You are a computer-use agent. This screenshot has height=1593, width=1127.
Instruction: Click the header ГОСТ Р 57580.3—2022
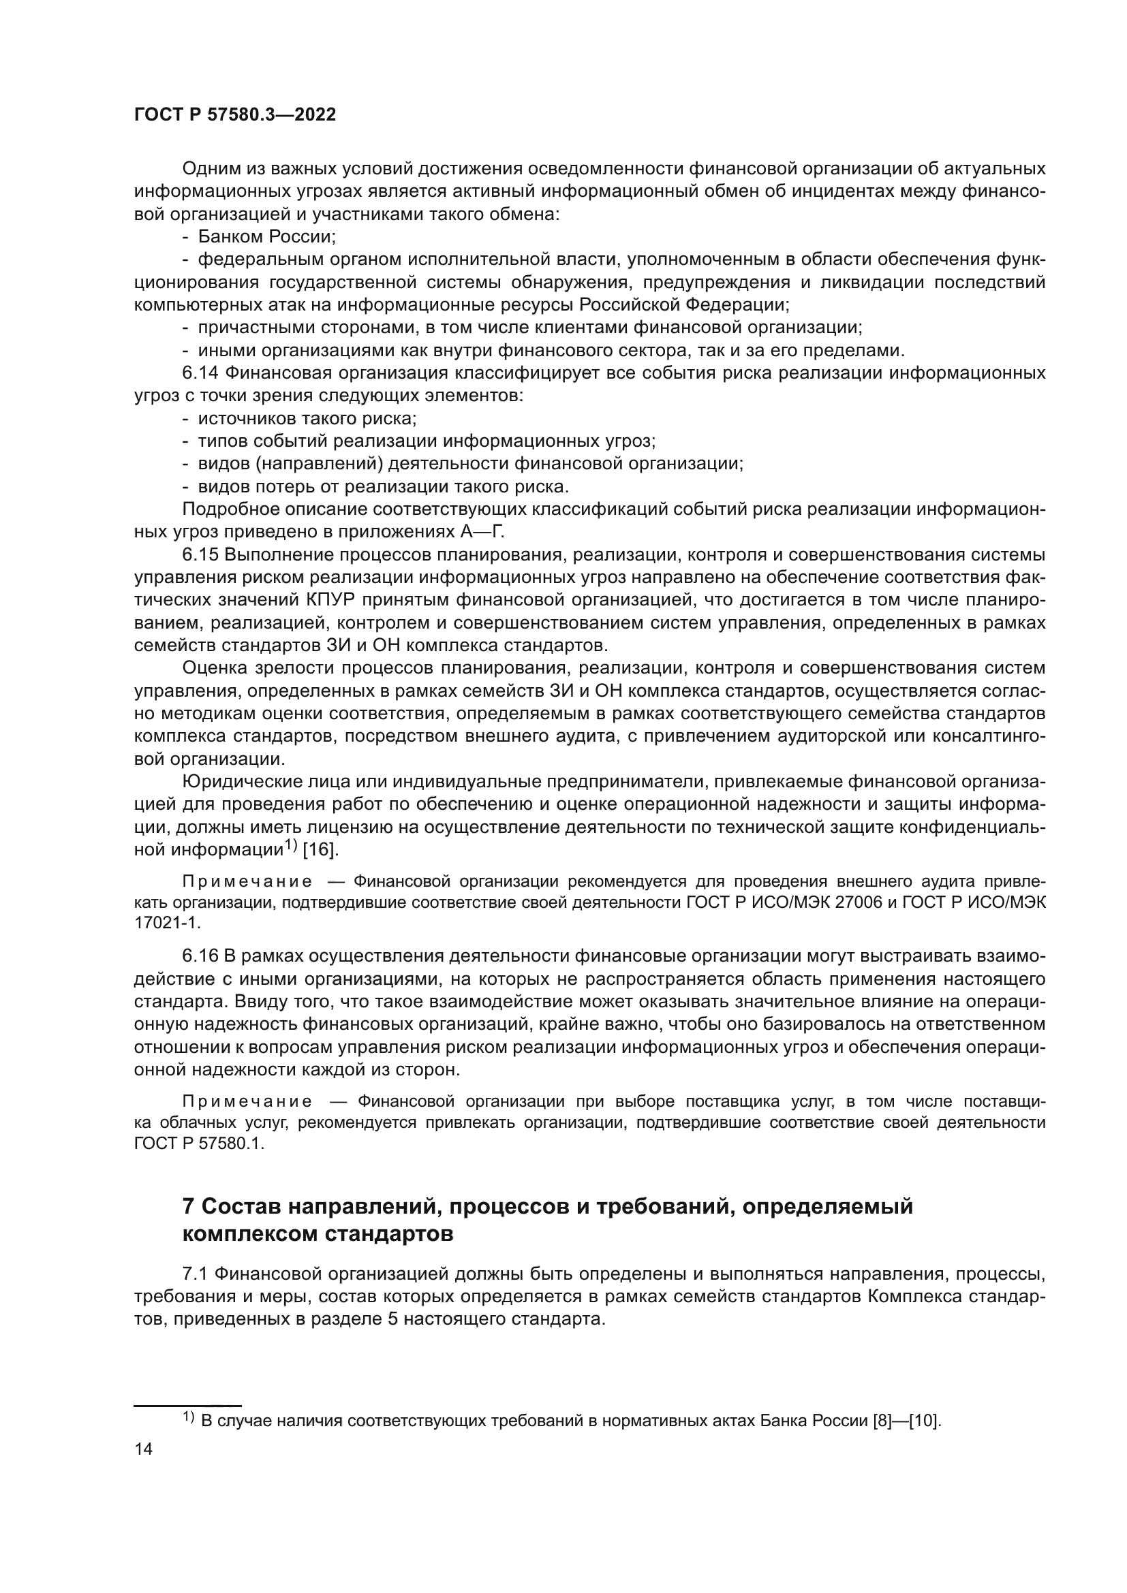[234, 115]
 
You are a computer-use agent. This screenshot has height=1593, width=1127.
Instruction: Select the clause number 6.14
[200, 373]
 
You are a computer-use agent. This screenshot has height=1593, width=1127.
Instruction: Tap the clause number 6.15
[200, 555]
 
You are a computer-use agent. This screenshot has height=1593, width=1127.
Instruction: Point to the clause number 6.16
[200, 956]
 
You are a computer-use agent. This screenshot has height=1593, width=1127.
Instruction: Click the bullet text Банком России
[266, 236]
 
